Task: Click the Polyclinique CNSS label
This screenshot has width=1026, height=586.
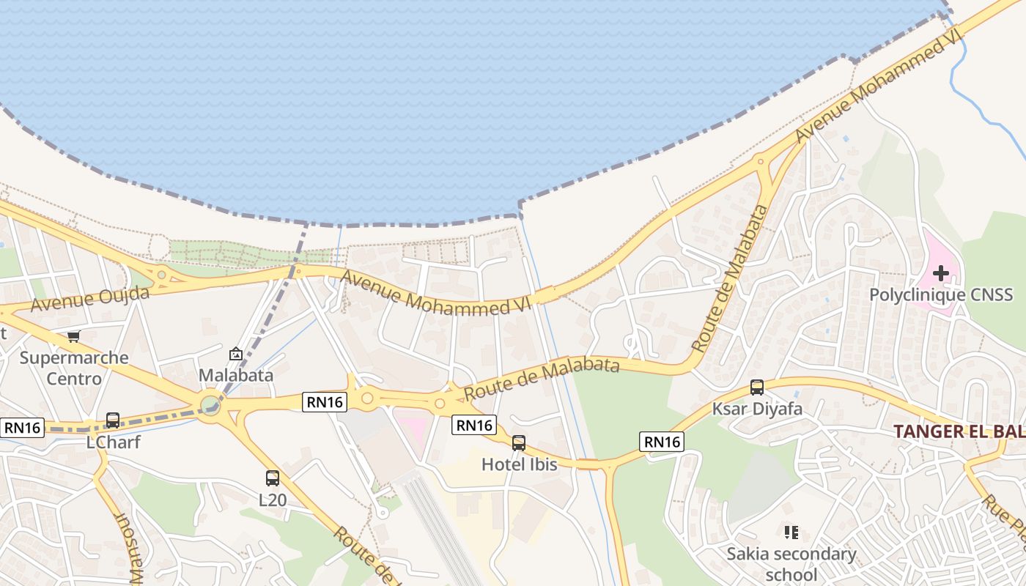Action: click(x=941, y=295)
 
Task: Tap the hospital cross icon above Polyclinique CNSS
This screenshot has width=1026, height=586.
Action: click(x=941, y=274)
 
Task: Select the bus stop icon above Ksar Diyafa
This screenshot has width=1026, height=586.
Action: click(x=757, y=387)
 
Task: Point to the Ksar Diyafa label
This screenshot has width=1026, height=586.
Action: click(x=757, y=409)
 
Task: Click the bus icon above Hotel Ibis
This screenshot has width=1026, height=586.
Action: click(x=519, y=443)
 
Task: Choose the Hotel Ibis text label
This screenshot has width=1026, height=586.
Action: click(x=519, y=464)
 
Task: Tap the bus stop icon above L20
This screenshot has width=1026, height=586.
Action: click(x=273, y=478)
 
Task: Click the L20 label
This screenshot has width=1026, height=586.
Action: click(x=273, y=500)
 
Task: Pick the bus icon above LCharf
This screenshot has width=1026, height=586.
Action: click(x=113, y=420)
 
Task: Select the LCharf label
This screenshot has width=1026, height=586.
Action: click(x=113, y=442)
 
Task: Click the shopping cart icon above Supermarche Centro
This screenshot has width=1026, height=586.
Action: click(x=73, y=336)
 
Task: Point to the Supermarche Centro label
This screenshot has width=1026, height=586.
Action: click(x=74, y=368)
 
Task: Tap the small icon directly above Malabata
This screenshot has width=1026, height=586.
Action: click(x=236, y=354)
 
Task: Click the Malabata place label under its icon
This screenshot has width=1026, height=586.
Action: click(x=236, y=375)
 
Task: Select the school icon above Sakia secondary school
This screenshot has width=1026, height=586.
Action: click(x=791, y=533)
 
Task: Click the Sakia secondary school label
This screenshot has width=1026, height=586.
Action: click(x=791, y=563)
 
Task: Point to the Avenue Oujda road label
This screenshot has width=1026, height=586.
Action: click(x=91, y=298)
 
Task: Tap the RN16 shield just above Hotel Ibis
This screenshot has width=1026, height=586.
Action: click(x=473, y=425)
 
